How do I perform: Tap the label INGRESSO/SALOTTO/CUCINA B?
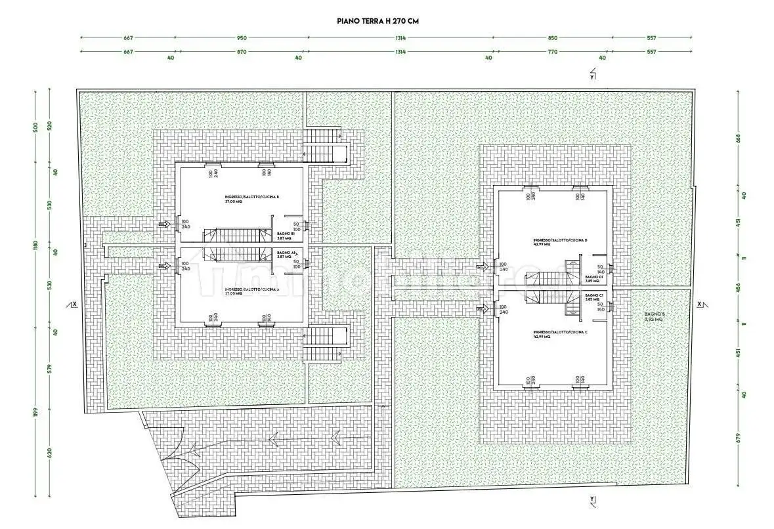pos(242,199)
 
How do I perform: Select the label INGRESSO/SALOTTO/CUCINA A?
pos(242,291)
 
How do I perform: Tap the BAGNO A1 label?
pos(284,255)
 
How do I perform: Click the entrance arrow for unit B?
pos(163,224)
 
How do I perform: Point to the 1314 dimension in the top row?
pos(400,37)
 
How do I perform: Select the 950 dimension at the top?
pos(242,37)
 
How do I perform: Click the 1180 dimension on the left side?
pos(37,245)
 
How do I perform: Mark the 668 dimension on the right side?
pos(738,138)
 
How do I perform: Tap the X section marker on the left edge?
pos(73,305)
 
